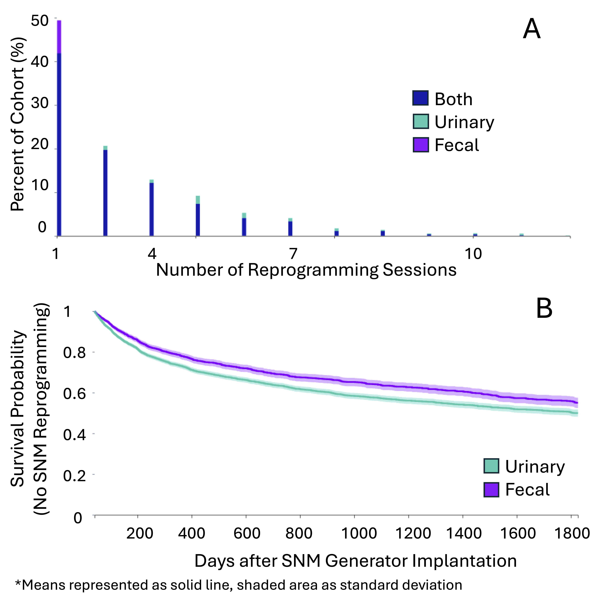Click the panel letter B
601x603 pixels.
(x=544, y=308)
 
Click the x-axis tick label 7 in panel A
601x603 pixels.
(x=292, y=254)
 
